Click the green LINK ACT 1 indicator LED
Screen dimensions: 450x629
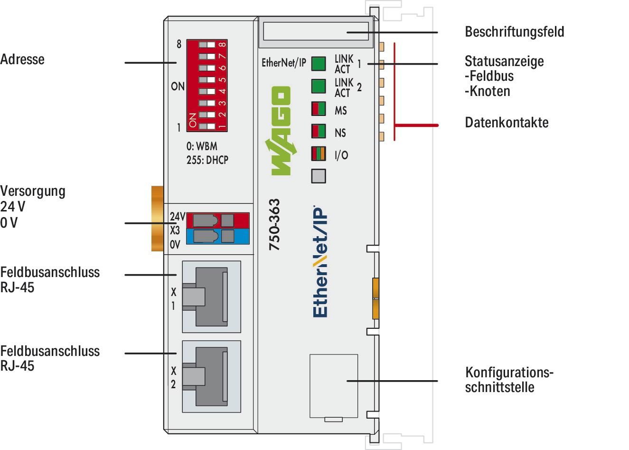(x=319, y=63)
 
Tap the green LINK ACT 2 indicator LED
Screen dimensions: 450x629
(x=319, y=86)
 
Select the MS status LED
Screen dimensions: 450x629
(x=319, y=109)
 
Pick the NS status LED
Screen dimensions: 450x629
(x=319, y=131)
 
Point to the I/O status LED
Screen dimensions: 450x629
(x=319, y=154)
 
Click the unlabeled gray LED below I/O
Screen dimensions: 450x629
(x=319, y=176)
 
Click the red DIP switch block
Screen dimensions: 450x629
(x=207, y=86)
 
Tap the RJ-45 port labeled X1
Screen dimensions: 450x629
(x=211, y=296)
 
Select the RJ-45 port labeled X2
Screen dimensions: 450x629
(x=211, y=374)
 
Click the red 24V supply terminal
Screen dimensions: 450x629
(x=218, y=220)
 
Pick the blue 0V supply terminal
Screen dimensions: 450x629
(x=218, y=236)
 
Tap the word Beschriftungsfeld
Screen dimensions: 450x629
(x=514, y=32)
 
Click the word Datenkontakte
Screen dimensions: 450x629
(x=507, y=123)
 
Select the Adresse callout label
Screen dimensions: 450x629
(x=22, y=59)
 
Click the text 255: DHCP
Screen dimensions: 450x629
(x=207, y=160)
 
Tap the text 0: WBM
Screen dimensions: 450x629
(x=202, y=146)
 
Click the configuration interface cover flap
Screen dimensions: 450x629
(x=333, y=385)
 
